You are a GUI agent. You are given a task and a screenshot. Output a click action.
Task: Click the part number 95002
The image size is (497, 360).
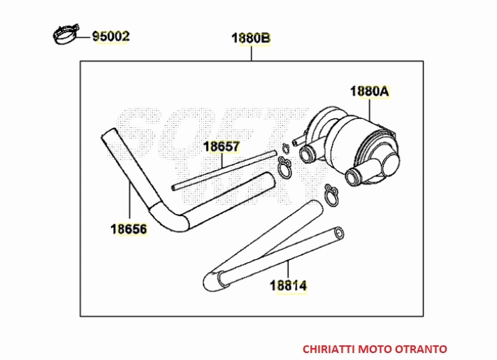tap(111, 36)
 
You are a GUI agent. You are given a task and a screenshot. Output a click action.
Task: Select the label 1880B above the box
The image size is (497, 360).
tap(251, 38)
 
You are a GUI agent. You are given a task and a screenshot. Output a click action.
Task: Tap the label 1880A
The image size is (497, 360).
tap(370, 92)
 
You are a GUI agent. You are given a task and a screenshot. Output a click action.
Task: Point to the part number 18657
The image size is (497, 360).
tap(222, 147)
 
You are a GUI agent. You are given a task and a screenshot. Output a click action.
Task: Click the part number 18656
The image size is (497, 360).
tap(129, 229)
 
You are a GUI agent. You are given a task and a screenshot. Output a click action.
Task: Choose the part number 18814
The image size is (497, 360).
tap(288, 286)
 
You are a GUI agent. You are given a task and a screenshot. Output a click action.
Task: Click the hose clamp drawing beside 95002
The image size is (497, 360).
tap(66, 34)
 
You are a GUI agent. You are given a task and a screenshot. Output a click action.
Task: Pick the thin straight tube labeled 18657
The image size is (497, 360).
tap(224, 170)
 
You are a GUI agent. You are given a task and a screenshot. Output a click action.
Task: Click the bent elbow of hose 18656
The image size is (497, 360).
tap(166, 219)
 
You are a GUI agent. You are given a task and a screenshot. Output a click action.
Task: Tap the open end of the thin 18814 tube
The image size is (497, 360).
tap(339, 233)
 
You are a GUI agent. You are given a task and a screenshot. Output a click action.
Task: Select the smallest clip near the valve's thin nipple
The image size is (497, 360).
tap(286, 147)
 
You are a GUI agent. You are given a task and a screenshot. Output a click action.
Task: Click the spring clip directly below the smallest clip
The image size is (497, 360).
tap(284, 167)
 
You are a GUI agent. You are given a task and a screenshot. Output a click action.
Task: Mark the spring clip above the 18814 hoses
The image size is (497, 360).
tap(331, 196)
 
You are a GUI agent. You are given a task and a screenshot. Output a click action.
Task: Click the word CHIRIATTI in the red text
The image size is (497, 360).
tap(329, 349)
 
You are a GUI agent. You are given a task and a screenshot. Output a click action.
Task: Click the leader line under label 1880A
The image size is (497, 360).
tap(370, 110)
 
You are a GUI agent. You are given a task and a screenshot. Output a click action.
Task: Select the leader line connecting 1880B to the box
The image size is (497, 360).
tap(252, 53)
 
